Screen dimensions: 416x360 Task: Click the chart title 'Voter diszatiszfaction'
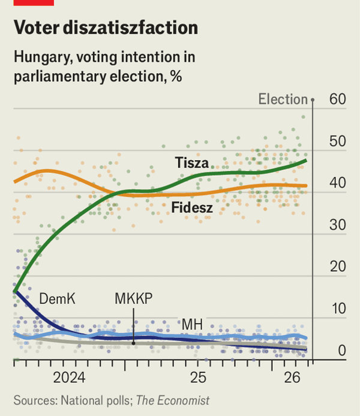coord(106,28)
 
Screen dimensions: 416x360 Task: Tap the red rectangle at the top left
coord(34,2)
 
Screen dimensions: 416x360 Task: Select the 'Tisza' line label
coord(192,163)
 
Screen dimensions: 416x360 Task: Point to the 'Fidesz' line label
coord(193,208)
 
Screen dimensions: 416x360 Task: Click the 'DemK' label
coord(57,298)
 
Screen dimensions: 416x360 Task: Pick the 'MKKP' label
coord(134,298)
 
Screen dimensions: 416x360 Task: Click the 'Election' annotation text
coord(283,99)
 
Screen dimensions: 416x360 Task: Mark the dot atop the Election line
coord(313,99)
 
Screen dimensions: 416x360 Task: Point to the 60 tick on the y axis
coord(338,99)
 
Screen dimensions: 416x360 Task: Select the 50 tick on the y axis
coord(338,142)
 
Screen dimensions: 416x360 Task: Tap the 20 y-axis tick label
coord(338,268)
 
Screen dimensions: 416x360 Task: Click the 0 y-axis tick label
coord(342,351)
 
